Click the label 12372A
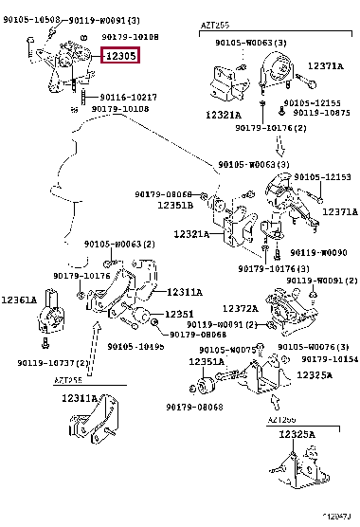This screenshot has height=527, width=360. pyautogui.click(x=241, y=307)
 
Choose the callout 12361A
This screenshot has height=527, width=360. pyautogui.click(x=19, y=300)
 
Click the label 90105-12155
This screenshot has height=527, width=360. pyautogui.click(x=315, y=101)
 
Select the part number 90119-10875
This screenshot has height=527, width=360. pyautogui.click(x=315, y=112)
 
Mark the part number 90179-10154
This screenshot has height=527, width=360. pyautogui.click(x=330, y=358)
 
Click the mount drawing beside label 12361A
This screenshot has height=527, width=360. pyautogui.click(x=52, y=324)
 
